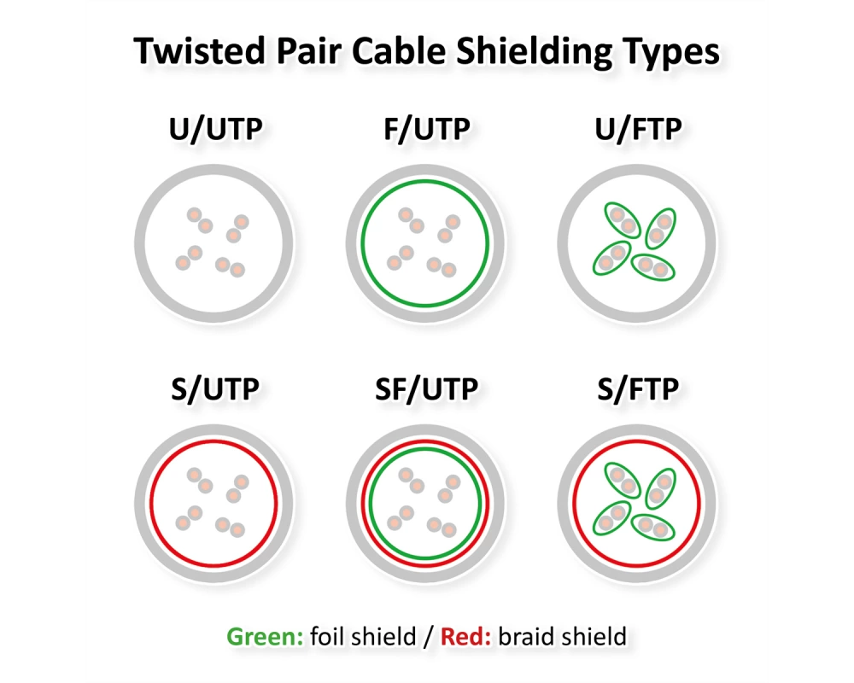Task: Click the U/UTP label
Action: tap(216, 130)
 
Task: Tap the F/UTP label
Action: tap(427, 130)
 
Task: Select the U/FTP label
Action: tap(638, 130)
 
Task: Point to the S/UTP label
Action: tap(215, 389)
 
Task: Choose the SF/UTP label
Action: tap(426, 389)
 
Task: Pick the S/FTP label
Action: tap(638, 389)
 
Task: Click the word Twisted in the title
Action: tap(199, 51)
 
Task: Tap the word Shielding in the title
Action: tap(534, 52)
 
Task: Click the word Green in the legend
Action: tap(265, 636)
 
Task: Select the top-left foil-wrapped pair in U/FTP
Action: tap(623, 220)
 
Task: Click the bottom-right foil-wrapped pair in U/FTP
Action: tap(652, 267)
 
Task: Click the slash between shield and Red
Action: tap(428, 637)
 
